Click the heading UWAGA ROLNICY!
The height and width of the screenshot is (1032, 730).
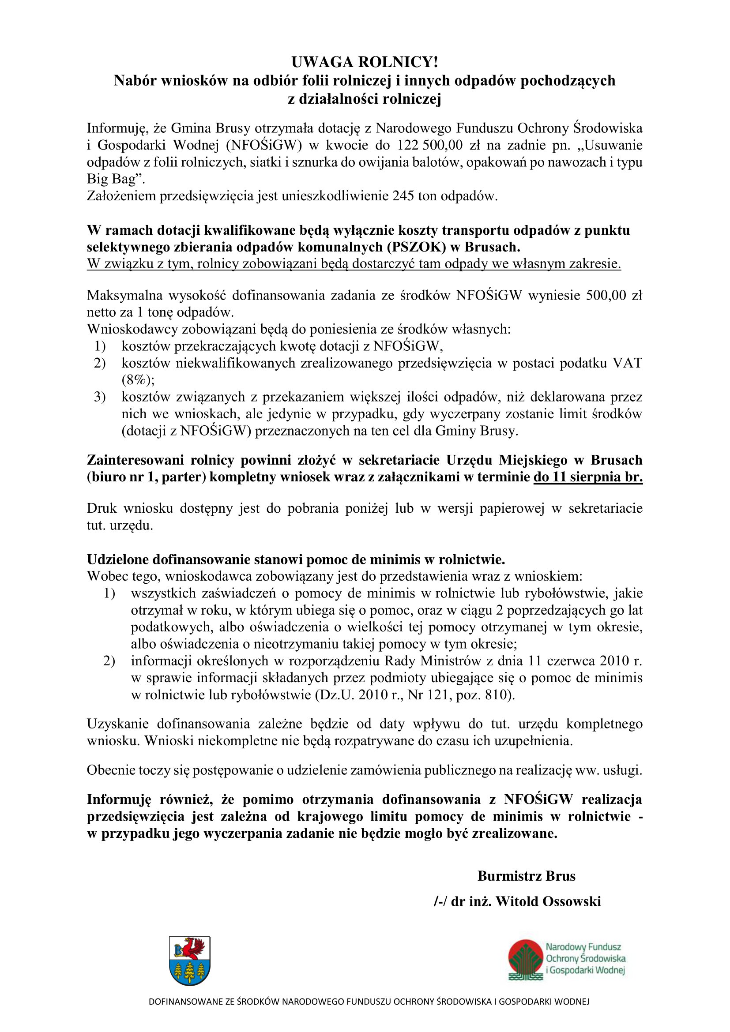point(365,62)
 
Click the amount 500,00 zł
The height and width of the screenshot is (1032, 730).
point(614,295)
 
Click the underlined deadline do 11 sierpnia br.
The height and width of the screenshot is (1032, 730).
point(588,477)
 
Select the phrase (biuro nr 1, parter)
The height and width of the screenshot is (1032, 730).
point(146,477)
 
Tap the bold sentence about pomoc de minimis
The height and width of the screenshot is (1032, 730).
point(296,559)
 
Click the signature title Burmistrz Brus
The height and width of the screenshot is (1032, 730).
point(527,876)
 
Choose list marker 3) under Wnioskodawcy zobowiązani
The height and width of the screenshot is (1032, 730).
point(99,397)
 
